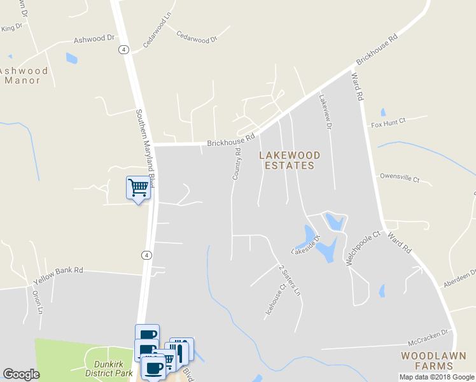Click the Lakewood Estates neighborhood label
point(289,160)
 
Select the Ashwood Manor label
point(24,76)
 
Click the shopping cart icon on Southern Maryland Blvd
point(138,188)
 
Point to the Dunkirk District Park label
point(109,369)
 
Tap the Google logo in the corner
point(21,374)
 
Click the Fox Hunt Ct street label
point(388,122)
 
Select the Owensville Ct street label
point(399,177)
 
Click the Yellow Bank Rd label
point(58,271)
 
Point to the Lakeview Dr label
point(326,112)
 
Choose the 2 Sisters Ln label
point(289,281)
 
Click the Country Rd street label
point(236,164)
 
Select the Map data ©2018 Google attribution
point(437,377)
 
